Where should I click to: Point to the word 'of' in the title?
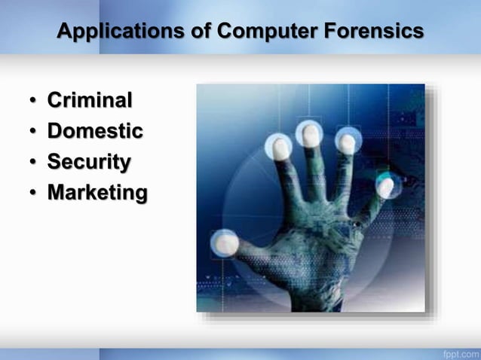pos(199,32)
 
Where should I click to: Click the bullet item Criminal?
pos(90,100)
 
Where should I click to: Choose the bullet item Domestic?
pos(95,131)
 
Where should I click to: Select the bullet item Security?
pos(89,162)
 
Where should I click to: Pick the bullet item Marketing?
pos(97,193)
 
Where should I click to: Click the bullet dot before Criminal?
pos(34,102)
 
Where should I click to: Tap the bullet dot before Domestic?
pos(34,133)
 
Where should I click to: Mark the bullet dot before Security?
pos(34,163)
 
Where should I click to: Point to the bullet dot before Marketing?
pos(34,194)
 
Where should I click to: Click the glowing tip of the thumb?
pos(225,243)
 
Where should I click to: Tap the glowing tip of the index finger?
pos(280,147)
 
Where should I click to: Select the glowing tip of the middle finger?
pos(309,133)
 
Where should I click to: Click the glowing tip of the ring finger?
pos(347,141)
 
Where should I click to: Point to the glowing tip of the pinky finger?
pos(386,185)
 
